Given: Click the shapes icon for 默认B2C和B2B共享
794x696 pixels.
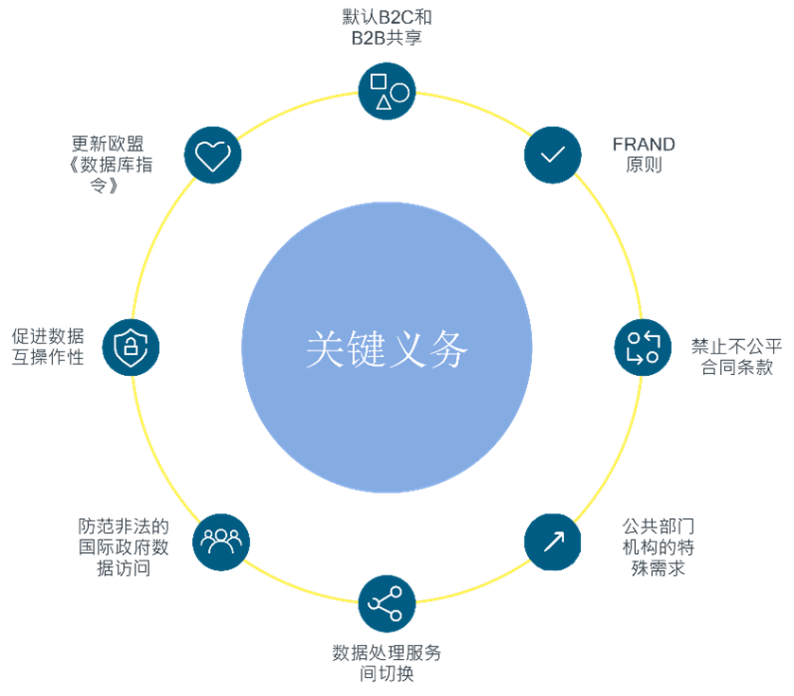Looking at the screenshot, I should click(387, 91).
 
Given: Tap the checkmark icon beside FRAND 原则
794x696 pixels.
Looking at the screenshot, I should click(553, 154).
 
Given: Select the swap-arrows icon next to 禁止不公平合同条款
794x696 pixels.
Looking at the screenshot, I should click(643, 347).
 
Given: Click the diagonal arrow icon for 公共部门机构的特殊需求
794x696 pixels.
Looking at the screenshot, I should click(553, 542).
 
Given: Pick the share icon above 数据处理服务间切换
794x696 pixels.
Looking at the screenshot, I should click(387, 604).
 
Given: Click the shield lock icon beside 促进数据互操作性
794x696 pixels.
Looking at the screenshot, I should click(131, 347).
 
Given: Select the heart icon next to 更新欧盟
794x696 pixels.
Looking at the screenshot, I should click(213, 154).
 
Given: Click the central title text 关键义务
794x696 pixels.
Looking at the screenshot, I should click(387, 349).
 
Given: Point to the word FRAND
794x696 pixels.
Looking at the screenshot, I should click(644, 145).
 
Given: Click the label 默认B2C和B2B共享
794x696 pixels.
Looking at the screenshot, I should click(387, 27).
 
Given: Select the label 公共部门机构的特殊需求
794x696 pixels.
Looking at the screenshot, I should click(658, 547).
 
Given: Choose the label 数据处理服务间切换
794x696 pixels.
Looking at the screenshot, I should click(386, 664).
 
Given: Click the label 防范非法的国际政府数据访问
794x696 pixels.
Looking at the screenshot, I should click(123, 547).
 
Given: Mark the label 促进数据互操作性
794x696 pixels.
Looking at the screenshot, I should click(48, 347).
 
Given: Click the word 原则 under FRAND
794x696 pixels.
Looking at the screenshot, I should click(644, 166).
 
